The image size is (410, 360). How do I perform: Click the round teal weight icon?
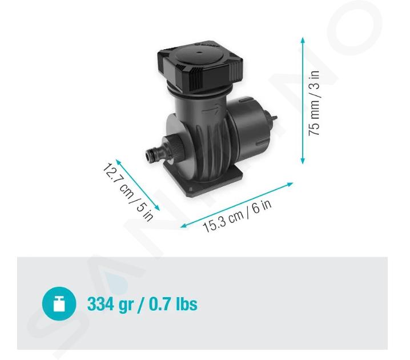59,304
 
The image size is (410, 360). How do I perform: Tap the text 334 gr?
110,304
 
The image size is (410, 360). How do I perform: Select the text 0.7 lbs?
173,304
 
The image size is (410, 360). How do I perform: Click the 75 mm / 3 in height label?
314,103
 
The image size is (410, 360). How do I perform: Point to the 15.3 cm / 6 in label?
237,216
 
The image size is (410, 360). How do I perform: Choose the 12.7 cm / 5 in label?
127,192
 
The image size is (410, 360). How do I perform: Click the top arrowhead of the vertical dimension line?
303,40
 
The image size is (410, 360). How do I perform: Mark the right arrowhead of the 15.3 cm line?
290,184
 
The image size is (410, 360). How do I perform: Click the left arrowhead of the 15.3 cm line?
183,226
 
